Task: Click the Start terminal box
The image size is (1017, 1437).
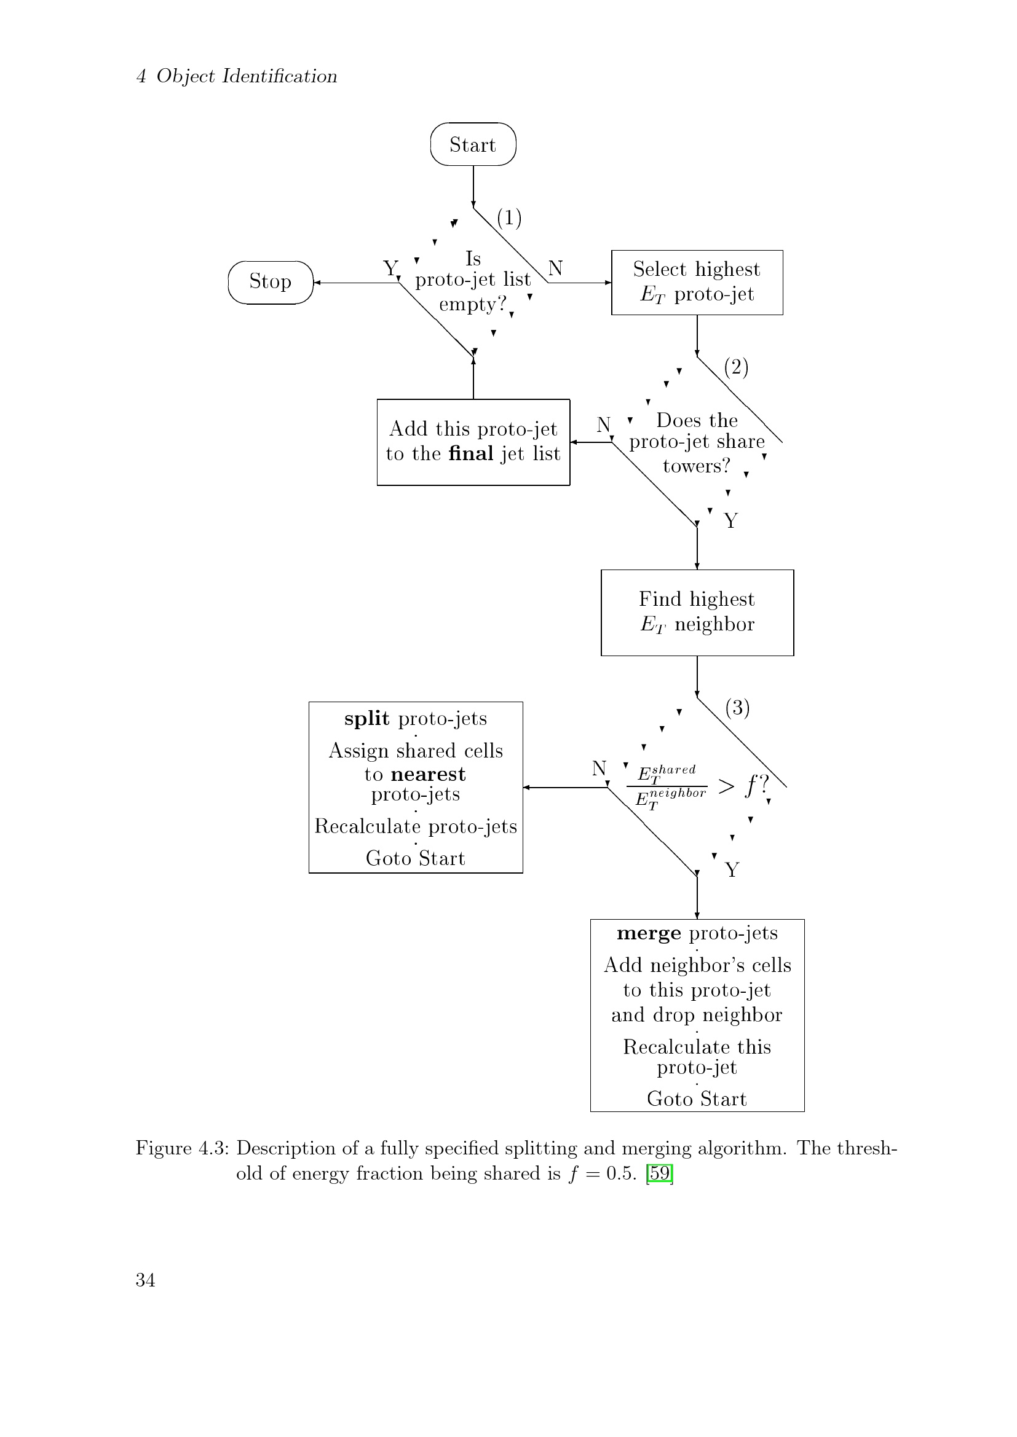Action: tap(473, 144)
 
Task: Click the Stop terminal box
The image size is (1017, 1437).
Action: tap(271, 282)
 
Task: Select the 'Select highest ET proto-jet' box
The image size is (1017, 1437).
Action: tap(697, 282)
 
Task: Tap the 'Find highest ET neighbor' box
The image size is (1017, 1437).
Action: tap(697, 613)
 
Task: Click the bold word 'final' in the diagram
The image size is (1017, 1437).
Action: tap(471, 453)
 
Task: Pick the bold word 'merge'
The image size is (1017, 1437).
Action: tap(649, 933)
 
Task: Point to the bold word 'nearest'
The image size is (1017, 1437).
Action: tap(429, 774)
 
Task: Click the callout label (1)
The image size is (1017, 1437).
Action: tap(509, 218)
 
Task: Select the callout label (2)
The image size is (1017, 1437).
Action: tap(737, 367)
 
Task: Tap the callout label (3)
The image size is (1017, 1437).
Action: tap(738, 708)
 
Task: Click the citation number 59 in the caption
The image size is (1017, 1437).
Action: tap(659, 1173)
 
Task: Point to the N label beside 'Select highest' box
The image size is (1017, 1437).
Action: tap(555, 268)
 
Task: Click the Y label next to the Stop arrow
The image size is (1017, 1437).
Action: tap(390, 268)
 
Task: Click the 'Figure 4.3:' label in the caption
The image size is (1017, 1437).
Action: tap(182, 1148)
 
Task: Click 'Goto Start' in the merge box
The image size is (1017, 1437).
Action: tap(697, 1098)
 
